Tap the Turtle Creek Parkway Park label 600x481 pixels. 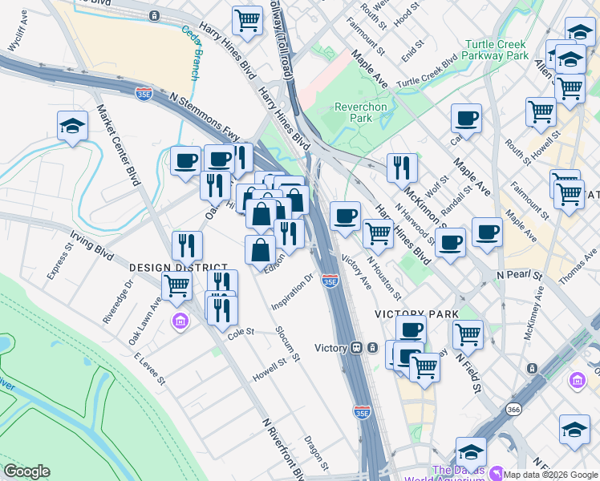496,50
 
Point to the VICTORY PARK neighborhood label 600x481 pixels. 417,314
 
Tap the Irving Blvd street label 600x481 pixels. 92,245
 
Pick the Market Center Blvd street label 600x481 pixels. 119,144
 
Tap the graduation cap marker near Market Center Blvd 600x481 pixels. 72,126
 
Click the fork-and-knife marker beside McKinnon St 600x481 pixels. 402,168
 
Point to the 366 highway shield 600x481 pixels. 513,410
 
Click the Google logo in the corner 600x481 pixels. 26,471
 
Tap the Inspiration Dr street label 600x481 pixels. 292,293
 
